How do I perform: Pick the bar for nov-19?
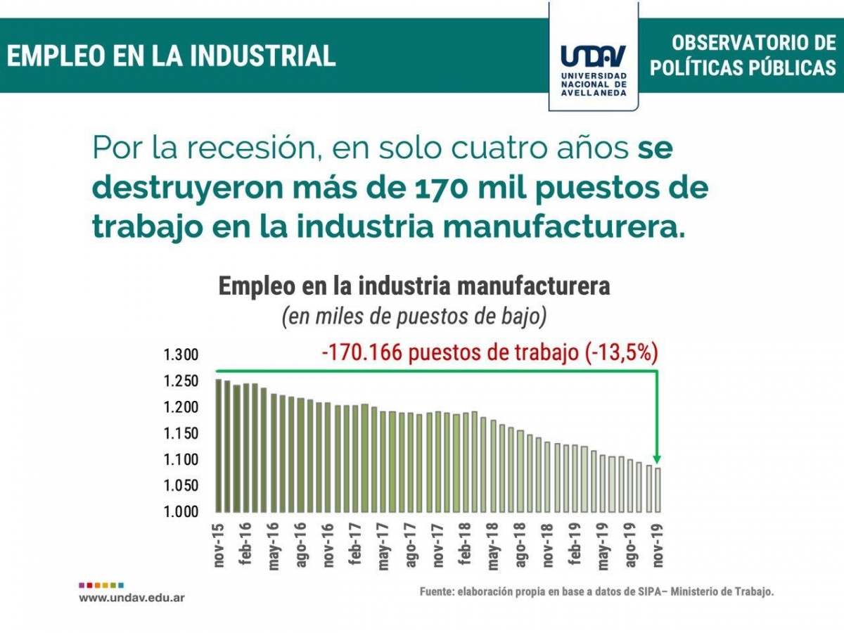pos(658,490)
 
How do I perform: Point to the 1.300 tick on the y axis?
pos(181,354)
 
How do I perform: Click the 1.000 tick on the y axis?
pos(181,511)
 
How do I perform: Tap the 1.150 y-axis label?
pos(181,433)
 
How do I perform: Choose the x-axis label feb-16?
pos(245,542)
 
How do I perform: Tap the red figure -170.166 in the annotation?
pos(362,353)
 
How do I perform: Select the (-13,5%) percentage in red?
pos(621,353)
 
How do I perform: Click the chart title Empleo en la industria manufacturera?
pos(414,287)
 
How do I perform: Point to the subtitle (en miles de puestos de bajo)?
pos(414,317)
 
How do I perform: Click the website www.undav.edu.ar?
pos(132,597)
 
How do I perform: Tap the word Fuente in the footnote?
pos(436,592)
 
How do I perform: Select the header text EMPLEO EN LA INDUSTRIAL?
pos(172,56)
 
